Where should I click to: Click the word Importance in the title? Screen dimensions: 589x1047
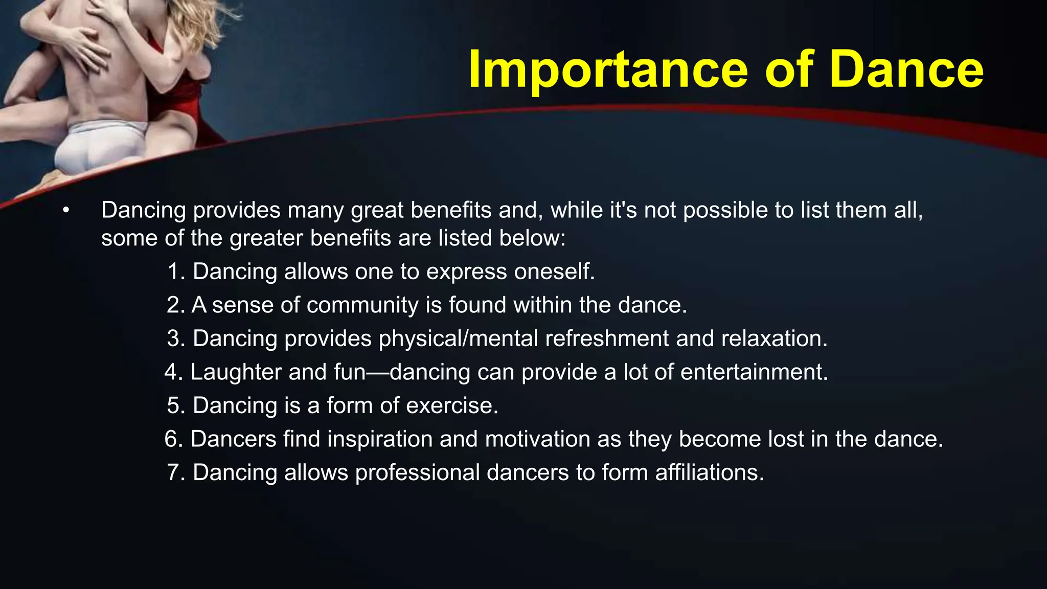(607, 70)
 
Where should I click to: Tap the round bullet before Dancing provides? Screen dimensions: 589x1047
(65, 211)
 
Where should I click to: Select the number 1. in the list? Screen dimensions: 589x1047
(175, 271)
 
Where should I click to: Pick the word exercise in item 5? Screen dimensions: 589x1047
(451, 406)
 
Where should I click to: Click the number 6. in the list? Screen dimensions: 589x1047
(174, 439)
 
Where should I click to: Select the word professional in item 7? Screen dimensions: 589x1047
(417, 473)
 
